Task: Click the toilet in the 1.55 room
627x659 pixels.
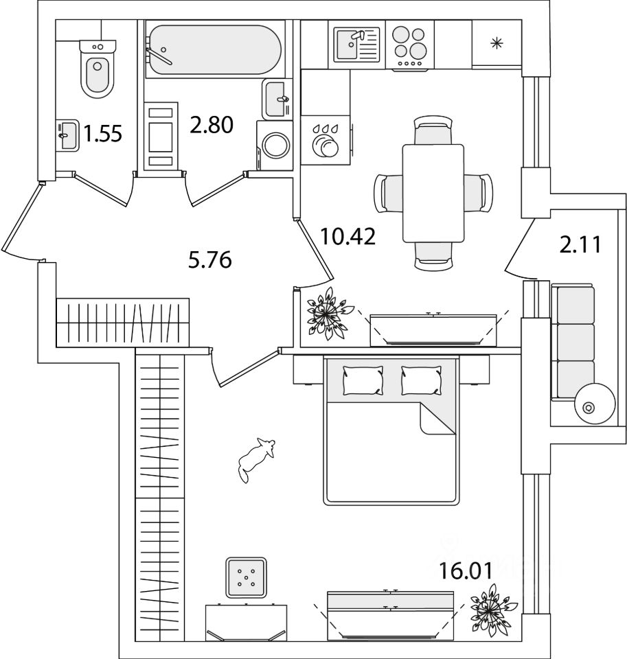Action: tap(97, 69)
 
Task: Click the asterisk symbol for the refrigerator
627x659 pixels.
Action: tap(497, 44)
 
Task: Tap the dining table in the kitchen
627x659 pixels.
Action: tap(433, 193)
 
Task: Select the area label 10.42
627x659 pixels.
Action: tap(347, 237)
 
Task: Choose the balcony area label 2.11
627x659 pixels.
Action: tap(580, 244)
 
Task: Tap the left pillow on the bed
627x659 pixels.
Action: tap(363, 379)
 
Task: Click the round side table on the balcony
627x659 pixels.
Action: tap(588, 406)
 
